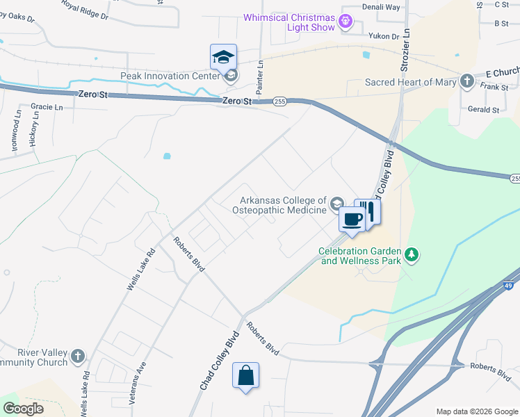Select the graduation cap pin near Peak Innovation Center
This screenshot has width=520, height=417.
[x=223, y=58]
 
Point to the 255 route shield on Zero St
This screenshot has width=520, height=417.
[x=279, y=101]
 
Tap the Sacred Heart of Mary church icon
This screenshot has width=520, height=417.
[x=466, y=82]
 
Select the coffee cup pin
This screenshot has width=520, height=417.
[x=352, y=220]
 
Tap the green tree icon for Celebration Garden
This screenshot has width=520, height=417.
[x=412, y=255]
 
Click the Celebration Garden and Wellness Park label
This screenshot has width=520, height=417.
[x=360, y=256]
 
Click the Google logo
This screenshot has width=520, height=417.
[x=23, y=409]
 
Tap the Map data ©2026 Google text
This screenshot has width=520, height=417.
[x=476, y=411]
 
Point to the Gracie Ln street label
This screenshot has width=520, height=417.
[x=47, y=107]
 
